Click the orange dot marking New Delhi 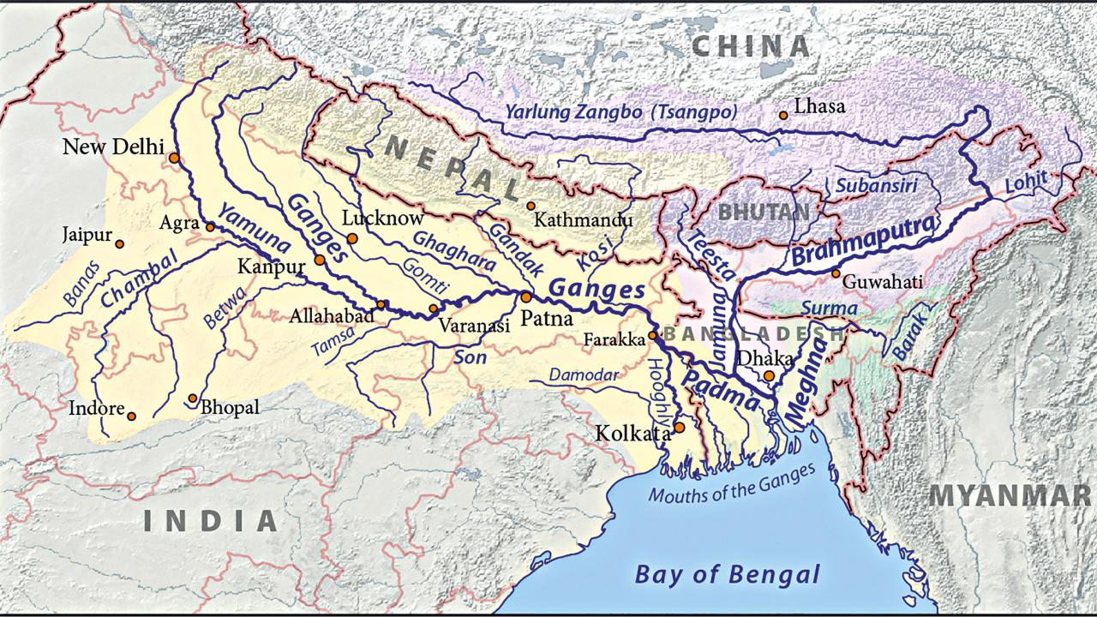tap(174, 158)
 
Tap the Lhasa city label tap(819, 107)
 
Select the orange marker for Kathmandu tap(531, 206)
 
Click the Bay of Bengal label tap(727, 573)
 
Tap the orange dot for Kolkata tap(679, 427)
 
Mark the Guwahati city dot tap(836, 273)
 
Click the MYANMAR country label tap(1011, 494)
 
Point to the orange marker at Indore tap(131, 416)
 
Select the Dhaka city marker tap(770, 375)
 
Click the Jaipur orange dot tap(120, 244)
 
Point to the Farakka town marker tap(652, 335)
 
